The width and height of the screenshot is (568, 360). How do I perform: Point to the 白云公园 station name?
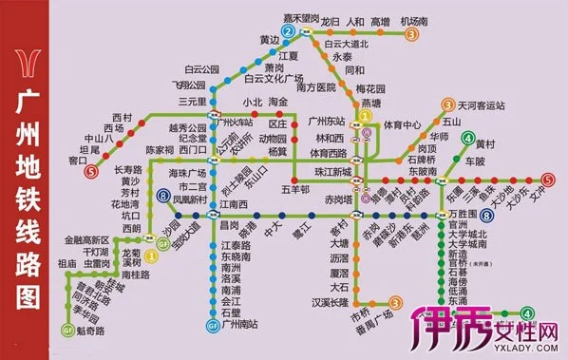(x=201, y=70)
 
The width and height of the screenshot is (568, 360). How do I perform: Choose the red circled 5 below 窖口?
(x=90, y=173)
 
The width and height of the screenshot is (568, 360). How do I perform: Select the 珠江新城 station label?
(x=332, y=169)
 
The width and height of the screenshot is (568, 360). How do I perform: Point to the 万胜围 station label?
(x=472, y=218)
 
